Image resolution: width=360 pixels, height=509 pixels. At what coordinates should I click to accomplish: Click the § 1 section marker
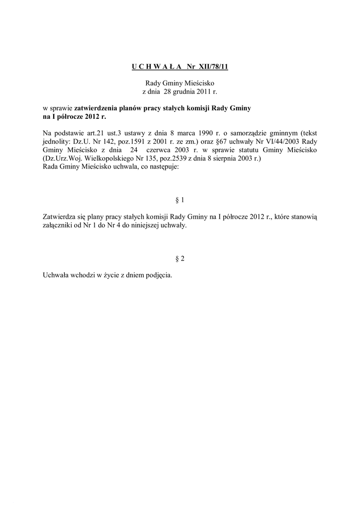click(180, 200)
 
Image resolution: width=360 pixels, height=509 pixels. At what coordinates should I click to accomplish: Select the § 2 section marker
click(180, 259)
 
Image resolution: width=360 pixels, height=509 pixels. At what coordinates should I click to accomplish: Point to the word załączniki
click(59, 226)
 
